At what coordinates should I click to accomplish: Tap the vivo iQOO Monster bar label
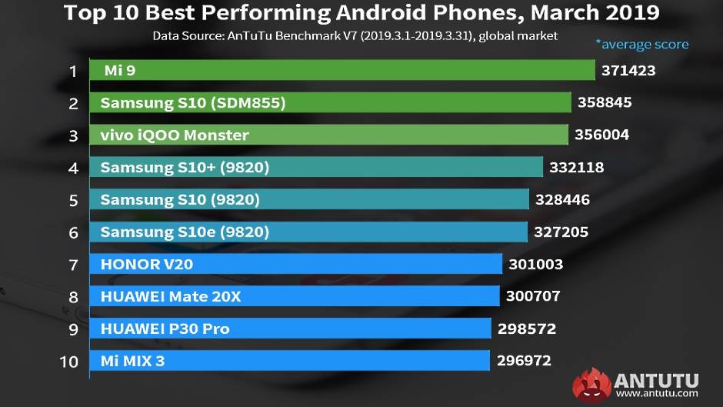175,135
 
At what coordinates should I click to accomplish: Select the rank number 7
73,265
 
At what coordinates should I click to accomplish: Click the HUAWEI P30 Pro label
165,329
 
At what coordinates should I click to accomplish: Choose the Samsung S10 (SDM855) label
193,103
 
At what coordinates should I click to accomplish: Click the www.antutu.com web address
655,394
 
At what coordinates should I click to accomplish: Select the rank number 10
69,361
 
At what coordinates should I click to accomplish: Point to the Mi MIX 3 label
132,360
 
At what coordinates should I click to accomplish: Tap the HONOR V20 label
146,265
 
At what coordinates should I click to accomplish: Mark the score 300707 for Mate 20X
532,296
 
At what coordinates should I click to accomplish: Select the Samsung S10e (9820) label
185,232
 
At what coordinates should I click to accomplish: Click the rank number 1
73,72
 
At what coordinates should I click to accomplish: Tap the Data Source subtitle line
355,35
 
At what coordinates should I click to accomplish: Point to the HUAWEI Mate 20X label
171,296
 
